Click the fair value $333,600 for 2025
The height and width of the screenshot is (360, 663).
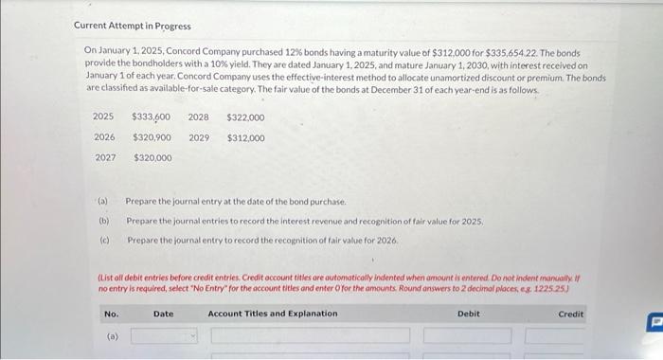click(x=151, y=117)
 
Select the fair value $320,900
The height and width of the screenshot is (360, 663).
click(x=152, y=137)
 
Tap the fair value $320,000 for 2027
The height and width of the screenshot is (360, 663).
click(x=152, y=157)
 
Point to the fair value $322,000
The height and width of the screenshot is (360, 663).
click(x=245, y=117)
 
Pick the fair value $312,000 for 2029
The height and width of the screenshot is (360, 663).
click(x=245, y=137)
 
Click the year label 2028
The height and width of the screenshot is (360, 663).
click(x=199, y=117)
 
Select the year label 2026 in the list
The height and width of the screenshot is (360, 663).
click(x=104, y=137)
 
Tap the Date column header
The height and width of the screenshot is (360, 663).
click(x=164, y=314)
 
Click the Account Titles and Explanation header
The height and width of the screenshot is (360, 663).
click(x=272, y=314)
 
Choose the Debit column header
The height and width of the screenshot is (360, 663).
click(x=469, y=314)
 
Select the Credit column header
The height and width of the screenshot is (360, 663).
click(x=571, y=314)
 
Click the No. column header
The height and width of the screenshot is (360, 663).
click(x=111, y=314)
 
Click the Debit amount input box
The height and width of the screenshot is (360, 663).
click(x=460, y=335)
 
